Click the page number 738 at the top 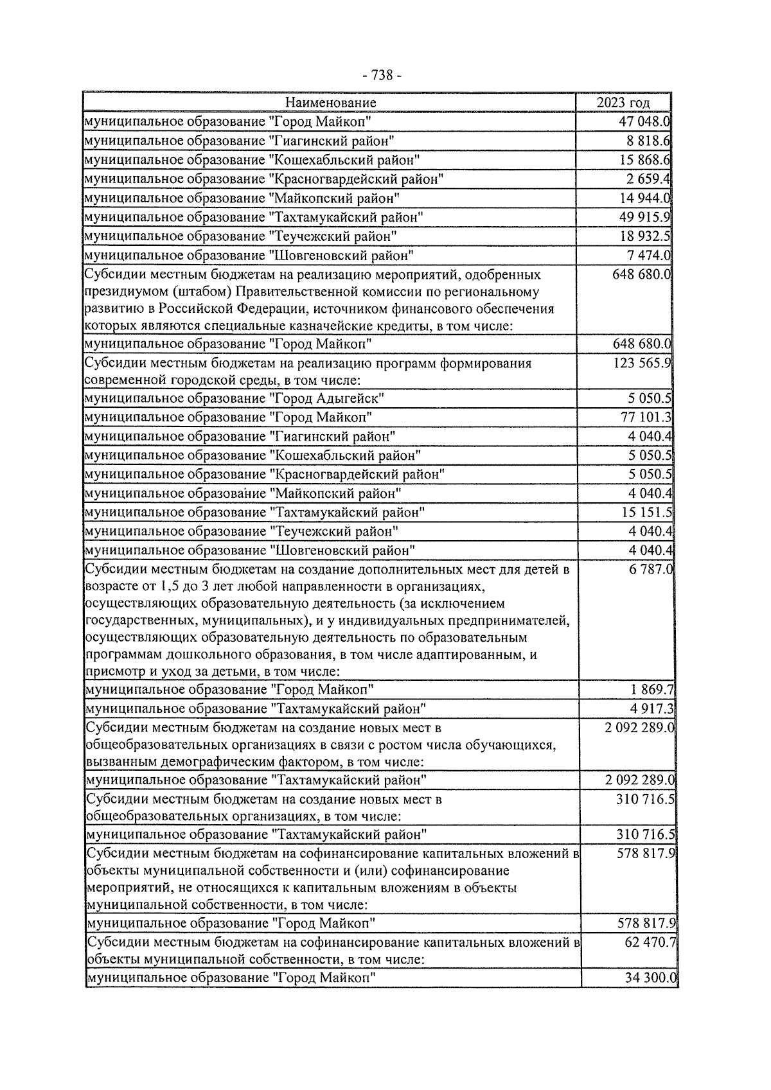click(x=382, y=76)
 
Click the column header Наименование click(x=330, y=103)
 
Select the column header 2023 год click(x=623, y=103)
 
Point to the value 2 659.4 click(x=649, y=179)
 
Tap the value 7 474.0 click(x=649, y=256)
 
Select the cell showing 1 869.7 click(x=651, y=690)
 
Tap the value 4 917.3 click(x=651, y=709)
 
